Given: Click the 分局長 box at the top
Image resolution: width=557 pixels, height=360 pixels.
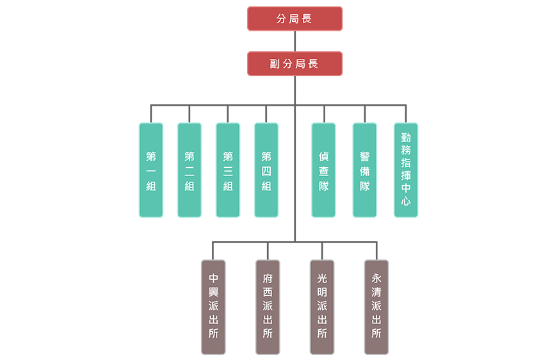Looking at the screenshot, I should pyautogui.click(x=295, y=19).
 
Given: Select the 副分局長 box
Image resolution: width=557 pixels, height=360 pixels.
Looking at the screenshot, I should pyautogui.click(x=295, y=63).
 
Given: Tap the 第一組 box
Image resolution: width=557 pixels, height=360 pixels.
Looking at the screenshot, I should pyautogui.click(x=151, y=170).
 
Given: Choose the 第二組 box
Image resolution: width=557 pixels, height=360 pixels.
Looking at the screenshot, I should pyautogui.click(x=190, y=170).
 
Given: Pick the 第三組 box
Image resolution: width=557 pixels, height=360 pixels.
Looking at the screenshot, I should pyautogui.click(x=228, y=170).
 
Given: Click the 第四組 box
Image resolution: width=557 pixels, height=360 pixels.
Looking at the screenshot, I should pyautogui.click(x=266, y=170).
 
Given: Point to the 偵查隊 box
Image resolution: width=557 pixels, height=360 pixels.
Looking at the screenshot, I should pyautogui.click(x=323, y=170).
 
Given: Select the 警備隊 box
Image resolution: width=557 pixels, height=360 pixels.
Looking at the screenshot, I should pyautogui.click(x=364, y=170).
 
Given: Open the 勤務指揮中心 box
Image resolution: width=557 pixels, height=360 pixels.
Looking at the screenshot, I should pyautogui.click(x=405, y=170).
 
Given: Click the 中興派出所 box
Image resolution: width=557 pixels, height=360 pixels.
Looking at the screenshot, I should pyautogui.click(x=213, y=307).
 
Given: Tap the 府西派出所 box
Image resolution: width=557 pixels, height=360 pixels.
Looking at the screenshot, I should pyautogui.click(x=268, y=307).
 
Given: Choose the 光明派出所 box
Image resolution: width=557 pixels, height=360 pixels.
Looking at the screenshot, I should pyautogui.click(x=322, y=307).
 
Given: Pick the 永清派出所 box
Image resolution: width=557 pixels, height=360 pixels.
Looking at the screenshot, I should pyautogui.click(x=376, y=307).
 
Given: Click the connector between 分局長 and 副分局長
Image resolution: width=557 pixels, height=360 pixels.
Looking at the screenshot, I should pyautogui.click(x=295, y=41).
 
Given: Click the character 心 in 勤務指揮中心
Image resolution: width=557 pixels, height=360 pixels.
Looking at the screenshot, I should pyautogui.click(x=405, y=200).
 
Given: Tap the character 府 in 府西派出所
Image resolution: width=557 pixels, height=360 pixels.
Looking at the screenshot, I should pyautogui.click(x=268, y=279).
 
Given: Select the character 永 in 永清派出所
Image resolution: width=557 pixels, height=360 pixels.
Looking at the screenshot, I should pyautogui.click(x=376, y=279).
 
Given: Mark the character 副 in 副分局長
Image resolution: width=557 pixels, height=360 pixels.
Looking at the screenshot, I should pyautogui.click(x=274, y=64).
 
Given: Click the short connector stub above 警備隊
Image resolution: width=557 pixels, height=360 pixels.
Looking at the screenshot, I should pyautogui.click(x=364, y=113).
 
